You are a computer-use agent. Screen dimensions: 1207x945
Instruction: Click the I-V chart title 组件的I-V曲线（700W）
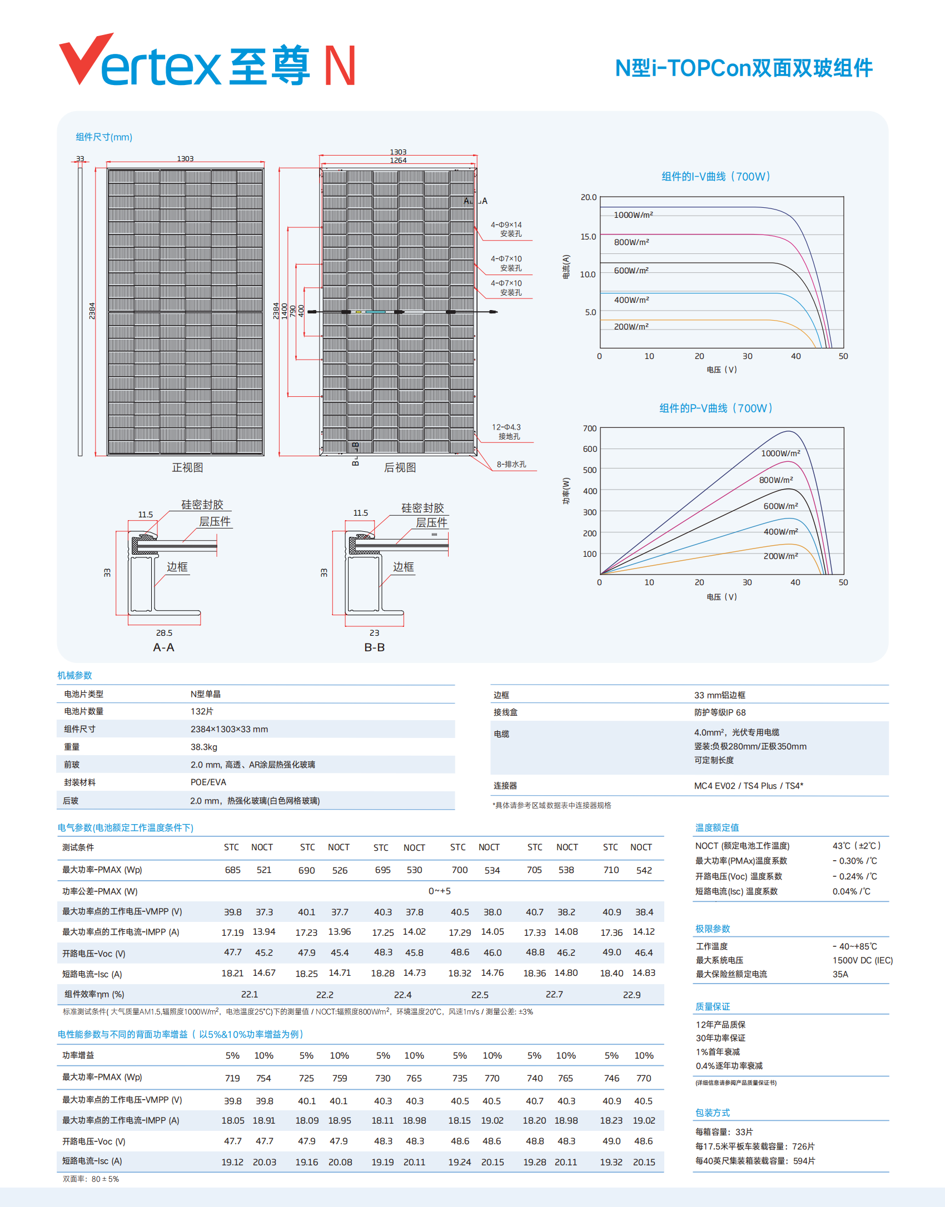point(716,177)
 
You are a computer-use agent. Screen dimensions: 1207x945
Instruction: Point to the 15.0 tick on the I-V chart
point(588,237)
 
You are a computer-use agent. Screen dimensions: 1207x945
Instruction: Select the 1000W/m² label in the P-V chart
point(780,453)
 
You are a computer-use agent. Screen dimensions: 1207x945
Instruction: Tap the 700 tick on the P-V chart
point(590,428)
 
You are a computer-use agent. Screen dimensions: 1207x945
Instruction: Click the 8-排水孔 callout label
point(511,465)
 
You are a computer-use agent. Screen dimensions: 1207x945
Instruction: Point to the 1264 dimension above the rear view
point(398,161)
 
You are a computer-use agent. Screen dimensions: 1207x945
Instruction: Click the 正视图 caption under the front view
point(187,468)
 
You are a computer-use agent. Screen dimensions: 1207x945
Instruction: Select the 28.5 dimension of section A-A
point(164,633)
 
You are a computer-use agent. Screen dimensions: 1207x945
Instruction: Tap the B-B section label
point(374,647)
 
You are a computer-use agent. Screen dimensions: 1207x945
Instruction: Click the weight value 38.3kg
point(204,747)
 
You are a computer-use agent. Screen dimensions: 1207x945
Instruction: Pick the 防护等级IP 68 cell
point(720,712)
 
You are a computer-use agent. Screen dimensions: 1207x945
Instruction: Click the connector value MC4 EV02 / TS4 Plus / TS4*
point(748,786)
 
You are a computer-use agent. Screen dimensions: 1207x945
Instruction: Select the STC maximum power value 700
point(459,870)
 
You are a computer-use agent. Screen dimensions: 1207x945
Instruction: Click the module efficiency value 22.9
point(631,995)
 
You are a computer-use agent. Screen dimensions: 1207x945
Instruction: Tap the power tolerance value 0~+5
point(439,891)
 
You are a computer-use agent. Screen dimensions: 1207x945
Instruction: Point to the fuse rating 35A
point(840,974)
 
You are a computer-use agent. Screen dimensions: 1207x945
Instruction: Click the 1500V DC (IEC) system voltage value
point(862,960)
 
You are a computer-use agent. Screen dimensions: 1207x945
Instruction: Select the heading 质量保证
point(713,1007)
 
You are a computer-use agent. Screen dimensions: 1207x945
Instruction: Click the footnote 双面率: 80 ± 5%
point(91,1179)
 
